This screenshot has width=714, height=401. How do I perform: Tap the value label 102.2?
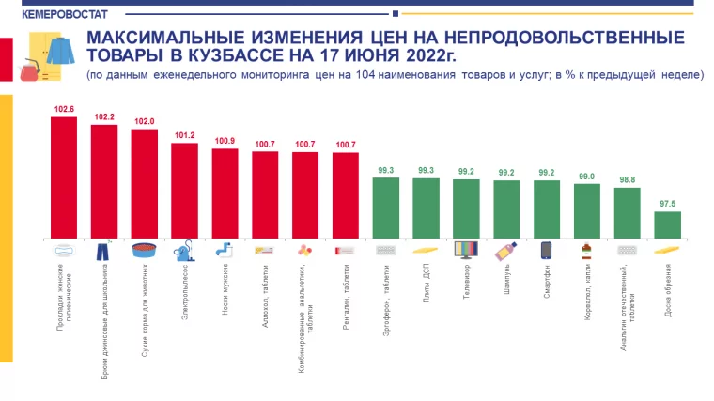coord(104,116)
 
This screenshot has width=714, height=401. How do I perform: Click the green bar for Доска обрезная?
coord(667,224)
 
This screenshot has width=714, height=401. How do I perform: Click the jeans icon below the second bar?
coord(103,251)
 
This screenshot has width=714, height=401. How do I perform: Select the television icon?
coord(466,251)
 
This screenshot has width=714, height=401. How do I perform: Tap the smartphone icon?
coord(546,251)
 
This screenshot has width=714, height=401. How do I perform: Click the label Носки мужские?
coord(225,286)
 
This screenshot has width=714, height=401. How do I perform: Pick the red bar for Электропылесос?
coord(184,190)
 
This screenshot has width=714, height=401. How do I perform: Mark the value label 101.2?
coord(184,135)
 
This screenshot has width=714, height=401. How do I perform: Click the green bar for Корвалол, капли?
coord(586,210)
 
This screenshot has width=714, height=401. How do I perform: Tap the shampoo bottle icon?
coord(506,251)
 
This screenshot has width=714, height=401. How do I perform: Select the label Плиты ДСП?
coord(426,283)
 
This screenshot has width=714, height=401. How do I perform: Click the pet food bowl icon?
coord(144,251)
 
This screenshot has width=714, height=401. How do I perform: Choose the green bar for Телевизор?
coord(466,208)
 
